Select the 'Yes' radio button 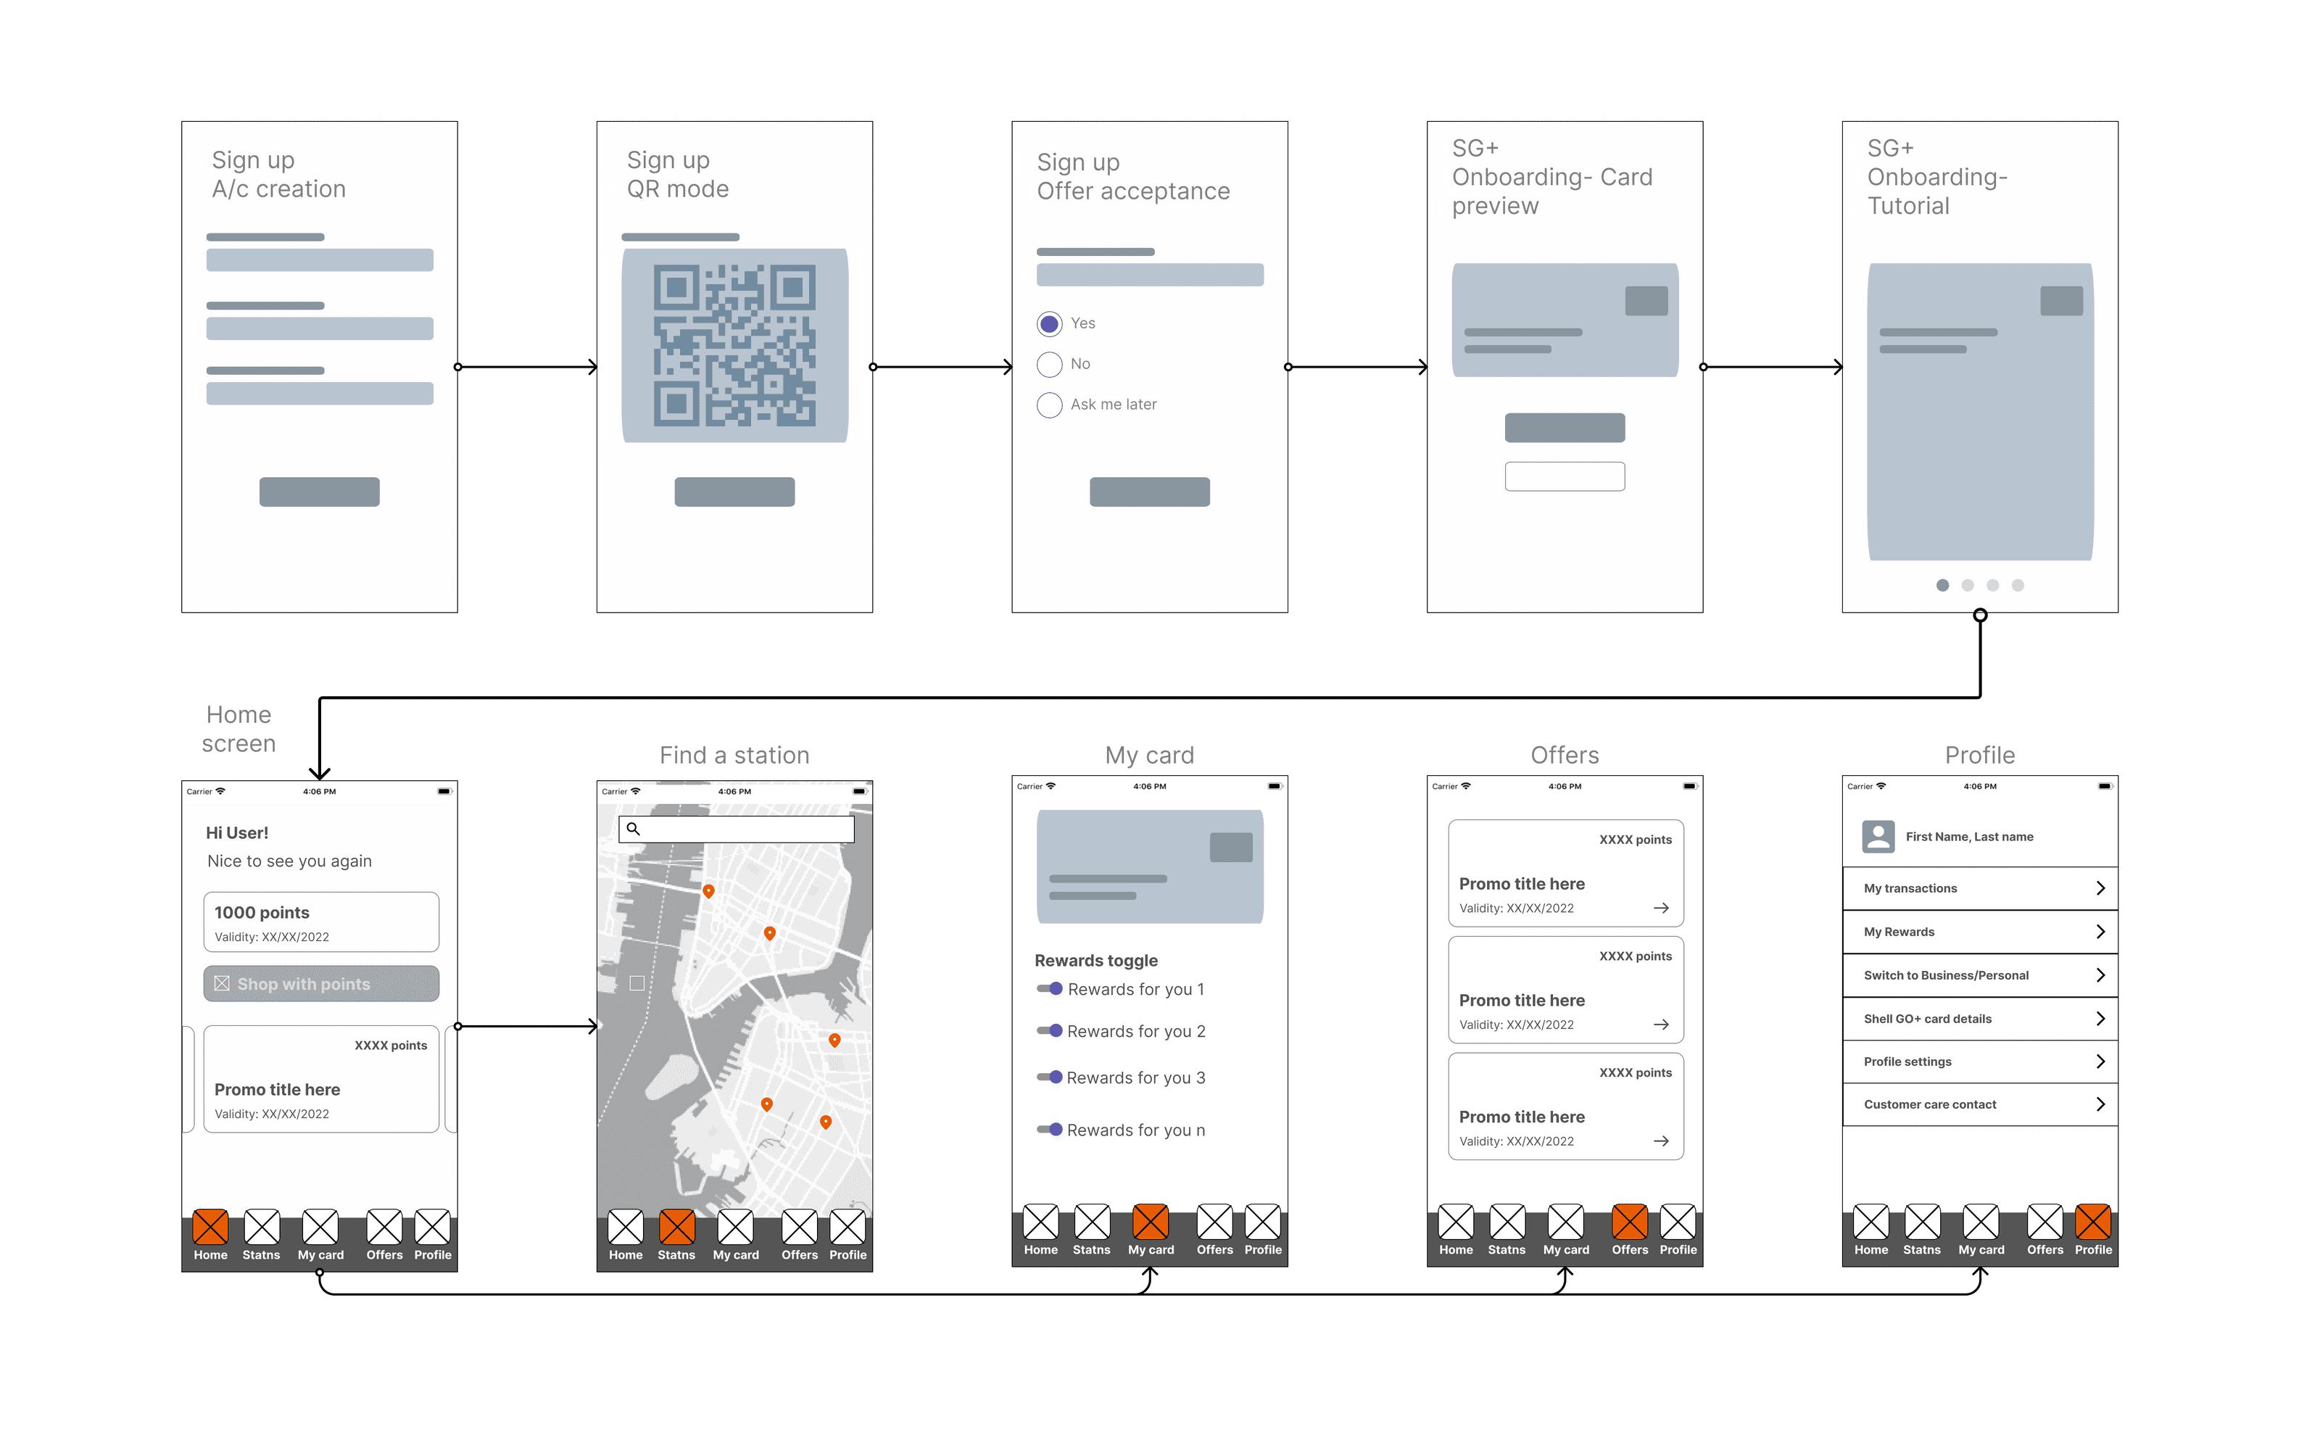coord(1049,323)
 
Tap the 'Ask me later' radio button coord(1049,405)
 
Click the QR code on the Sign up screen coord(734,344)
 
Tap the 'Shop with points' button coord(320,983)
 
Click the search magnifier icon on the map coord(634,828)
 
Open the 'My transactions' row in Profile coord(1979,888)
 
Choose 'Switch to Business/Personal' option coord(1979,975)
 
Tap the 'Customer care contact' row coord(1979,1104)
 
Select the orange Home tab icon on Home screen coord(210,1226)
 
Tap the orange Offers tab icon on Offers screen coord(1629,1221)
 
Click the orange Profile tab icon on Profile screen coord(2093,1221)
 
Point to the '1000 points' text coord(262,912)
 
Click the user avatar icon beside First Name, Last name coord(1877,836)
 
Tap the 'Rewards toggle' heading coord(1095,960)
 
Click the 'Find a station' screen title coord(734,755)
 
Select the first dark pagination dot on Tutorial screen coord(1942,585)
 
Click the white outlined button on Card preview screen coord(1565,476)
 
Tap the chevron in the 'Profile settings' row coord(2100,1062)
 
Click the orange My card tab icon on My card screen coord(1151,1221)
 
